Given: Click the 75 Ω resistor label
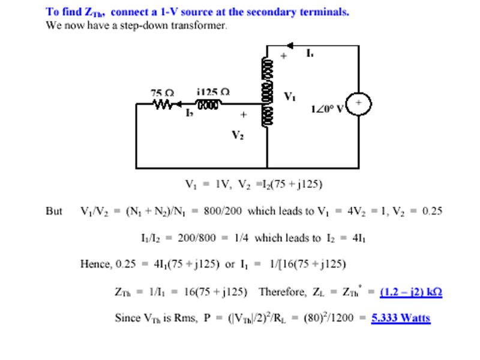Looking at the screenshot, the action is click(162, 93).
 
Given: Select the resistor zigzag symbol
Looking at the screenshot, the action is click(164, 104).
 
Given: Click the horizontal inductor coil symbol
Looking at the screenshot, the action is click(208, 104).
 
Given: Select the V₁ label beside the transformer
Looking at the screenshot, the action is click(290, 96).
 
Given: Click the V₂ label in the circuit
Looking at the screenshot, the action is click(238, 135).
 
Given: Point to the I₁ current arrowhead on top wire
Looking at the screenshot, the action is click(290, 45).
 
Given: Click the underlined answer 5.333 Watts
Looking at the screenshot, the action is click(401, 318).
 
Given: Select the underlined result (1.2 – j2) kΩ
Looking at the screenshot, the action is click(411, 292).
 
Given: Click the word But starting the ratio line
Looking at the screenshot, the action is click(54, 211).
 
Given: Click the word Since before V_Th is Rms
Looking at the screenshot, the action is click(127, 318).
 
